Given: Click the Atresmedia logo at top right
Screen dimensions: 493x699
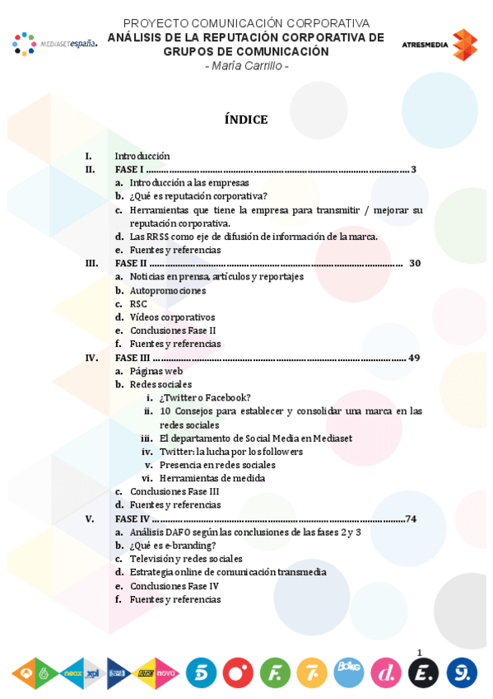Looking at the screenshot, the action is tap(440, 45).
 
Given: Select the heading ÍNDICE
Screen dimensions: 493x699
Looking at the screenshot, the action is tap(246, 120).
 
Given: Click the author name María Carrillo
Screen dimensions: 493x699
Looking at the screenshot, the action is tap(246, 66).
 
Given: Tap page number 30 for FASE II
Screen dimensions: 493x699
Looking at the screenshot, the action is tap(415, 263).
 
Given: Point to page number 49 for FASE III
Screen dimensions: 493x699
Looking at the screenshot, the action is tap(414, 358).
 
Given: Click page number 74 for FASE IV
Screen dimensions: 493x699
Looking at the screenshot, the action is tap(411, 518).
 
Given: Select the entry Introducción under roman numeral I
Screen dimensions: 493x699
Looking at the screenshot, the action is tap(142, 156).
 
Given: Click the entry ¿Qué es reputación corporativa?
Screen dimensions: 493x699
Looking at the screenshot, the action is tap(198, 196).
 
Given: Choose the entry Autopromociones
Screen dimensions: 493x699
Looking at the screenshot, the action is tap(168, 290).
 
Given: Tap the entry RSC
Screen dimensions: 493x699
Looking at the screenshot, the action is tap(138, 303).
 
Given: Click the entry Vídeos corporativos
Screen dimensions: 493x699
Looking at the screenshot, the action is tap(172, 317).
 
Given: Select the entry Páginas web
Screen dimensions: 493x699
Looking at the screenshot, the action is tap(156, 371).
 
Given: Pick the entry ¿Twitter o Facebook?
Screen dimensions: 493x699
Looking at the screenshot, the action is tap(206, 397).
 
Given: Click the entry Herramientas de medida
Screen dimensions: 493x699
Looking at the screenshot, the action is tap(212, 478).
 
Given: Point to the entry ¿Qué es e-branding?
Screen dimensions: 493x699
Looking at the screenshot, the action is tap(173, 545).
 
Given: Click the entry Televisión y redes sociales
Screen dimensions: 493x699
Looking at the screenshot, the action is tap(186, 559).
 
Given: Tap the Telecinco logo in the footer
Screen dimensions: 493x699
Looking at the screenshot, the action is tap(201, 673).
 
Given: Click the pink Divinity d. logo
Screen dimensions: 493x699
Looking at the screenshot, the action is tap(386, 673).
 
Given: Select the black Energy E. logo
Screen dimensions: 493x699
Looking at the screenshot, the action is tap(423, 673).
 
